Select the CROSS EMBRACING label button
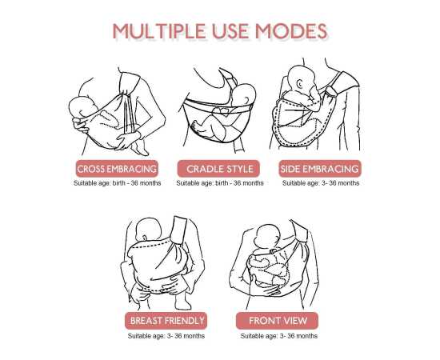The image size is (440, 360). pyautogui.click(x=117, y=169)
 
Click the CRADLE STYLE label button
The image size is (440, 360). pyautogui.click(x=220, y=169)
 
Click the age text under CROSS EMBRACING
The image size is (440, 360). pyautogui.click(x=117, y=183)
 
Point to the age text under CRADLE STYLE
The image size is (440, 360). pyautogui.click(x=220, y=183)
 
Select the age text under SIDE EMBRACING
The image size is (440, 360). pyautogui.click(x=320, y=183)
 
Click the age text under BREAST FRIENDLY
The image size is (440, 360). pyautogui.click(x=166, y=336)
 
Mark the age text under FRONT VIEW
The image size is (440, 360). pyautogui.click(x=278, y=336)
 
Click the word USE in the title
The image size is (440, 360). pyautogui.click(x=230, y=31)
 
